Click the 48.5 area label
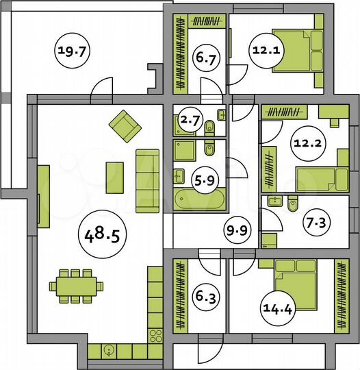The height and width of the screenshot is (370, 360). (x=102, y=234)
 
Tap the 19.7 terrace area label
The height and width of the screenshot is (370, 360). (x=71, y=51)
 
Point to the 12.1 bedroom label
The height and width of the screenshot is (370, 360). (x=266, y=51)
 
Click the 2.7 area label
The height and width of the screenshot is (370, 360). (x=190, y=121)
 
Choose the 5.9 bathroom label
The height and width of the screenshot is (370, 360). (x=205, y=180)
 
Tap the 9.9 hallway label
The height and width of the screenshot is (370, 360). (x=237, y=230)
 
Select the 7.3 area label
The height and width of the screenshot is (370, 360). (x=316, y=222)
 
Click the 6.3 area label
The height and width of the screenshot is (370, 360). (x=206, y=296)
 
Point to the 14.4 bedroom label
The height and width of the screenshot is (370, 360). (x=277, y=308)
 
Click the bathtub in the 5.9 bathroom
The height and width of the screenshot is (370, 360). (x=200, y=199)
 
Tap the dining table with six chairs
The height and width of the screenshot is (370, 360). (x=76, y=286)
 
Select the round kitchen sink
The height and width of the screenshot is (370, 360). (x=109, y=351)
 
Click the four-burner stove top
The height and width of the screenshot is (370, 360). (x=155, y=336)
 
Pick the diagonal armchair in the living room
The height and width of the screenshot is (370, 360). (x=125, y=126)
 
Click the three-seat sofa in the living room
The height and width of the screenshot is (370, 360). (x=148, y=181)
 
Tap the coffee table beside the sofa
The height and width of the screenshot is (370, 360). (x=114, y=177)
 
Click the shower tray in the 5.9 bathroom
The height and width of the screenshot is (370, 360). (x=185, y=150)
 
